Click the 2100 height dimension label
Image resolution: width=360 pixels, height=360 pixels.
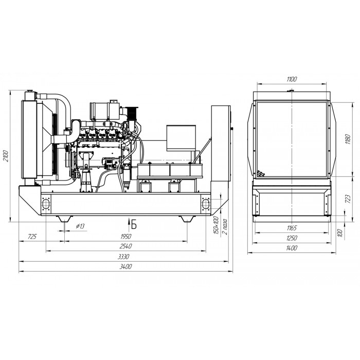pyautogui.click(x=6, y=156)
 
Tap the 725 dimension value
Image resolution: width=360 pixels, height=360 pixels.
pyautogui.click(x=32, y=237)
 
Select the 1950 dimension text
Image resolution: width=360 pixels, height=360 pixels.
pyautogui.click(x=126, y=237)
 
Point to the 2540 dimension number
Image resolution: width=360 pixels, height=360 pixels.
pyautogui.click(x=126, y=246)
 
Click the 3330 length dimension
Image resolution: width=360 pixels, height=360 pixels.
pyautogui.click(x=124, y=257)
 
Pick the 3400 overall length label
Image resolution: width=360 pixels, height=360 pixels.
pyautogui.click(x=126, y=266)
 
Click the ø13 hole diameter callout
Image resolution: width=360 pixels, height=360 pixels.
pyautogui.click(x=80, y=226)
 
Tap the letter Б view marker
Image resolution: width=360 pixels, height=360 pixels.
pyautogui.click(x=134, y=225)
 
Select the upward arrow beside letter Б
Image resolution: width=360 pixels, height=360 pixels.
pyautogui.click(x=129, y=223)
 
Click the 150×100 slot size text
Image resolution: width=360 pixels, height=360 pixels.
pyautogui.click(x=216, y=225)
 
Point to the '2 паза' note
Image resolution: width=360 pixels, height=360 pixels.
pyautogui.click(x=225, y=227)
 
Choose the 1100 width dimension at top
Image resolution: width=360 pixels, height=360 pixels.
pyautogui.click(x=292, y=79)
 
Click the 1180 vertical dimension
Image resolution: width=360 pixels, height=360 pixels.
pyautogui.click(x=348, y=139)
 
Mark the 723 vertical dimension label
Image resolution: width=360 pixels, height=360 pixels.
pyautogui.click(x=348, y=200)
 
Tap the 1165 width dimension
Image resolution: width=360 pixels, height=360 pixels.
pyautogui.click(x=292, y=228)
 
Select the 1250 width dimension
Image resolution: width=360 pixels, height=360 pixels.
pyautogui.click(x=292, y=238)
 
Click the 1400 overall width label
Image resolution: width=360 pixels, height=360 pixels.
pyautogui.click(x=292, y=248)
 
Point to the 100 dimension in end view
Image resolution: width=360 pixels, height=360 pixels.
pyautogui.click(x=340, y=233)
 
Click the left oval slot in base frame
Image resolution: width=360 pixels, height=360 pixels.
pyautogui.click(x=46, y=204)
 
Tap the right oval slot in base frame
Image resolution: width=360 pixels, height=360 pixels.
pyautogui.click(x=206, y=204)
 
